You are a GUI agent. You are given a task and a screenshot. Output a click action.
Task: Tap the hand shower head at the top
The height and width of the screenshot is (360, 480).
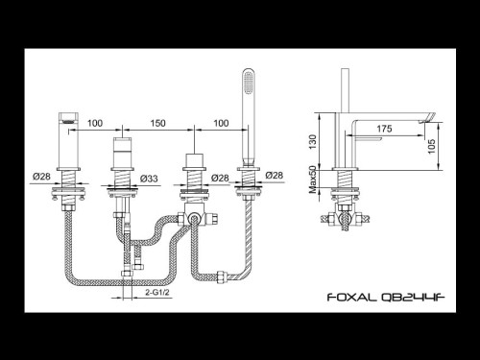point(252,84)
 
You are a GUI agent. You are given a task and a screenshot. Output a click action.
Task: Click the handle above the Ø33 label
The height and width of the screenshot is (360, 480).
point(122,155)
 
